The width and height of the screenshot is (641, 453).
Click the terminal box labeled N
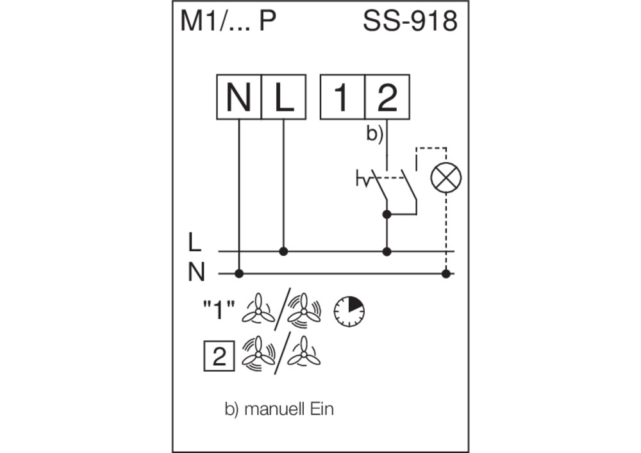238,97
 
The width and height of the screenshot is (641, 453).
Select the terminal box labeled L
284,97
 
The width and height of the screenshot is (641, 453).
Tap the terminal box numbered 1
342,97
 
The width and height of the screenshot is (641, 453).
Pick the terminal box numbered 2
387,97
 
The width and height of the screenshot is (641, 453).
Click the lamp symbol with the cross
446,177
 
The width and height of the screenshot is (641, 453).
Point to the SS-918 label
410,21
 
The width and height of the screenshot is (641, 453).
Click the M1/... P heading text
228,21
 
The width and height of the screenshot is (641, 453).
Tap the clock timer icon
349,311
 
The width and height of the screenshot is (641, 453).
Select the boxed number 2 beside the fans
219,356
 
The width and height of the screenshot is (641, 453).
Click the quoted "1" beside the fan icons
219,309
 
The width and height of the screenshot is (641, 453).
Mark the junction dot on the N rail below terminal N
239,273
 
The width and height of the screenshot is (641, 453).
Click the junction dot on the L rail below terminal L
284,251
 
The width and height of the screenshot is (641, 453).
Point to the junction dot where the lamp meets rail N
446,273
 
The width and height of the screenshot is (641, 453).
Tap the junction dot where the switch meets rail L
387,251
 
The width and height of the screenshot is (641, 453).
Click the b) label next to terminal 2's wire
374,135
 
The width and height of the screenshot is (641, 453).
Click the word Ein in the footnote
322,409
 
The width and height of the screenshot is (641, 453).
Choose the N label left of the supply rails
196,272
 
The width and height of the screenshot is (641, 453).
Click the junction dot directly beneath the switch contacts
387,214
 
